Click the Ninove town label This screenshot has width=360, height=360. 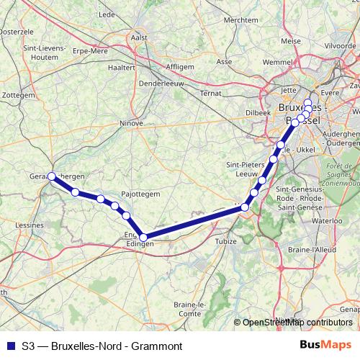tap(131, 123)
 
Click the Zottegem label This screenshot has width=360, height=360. tap(14, 94)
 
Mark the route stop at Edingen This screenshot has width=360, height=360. tap(143, 237)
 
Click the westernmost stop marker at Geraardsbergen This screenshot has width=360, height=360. tap(51, 176)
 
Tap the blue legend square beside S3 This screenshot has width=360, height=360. tap(9, 346)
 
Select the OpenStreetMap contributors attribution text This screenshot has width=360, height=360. tap(297, 323)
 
